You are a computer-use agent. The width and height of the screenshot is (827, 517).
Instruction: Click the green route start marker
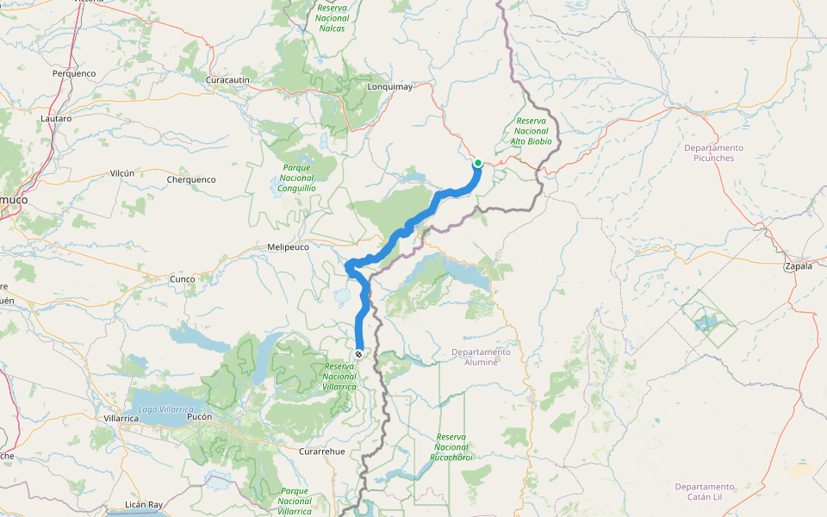click(x=477, y=162)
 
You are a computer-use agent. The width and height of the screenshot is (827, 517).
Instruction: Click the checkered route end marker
click(x=358, y=354)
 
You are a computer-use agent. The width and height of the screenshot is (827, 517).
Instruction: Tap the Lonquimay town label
click(x=390, y=86)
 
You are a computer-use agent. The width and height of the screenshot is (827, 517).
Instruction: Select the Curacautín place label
click(x=227, y=79)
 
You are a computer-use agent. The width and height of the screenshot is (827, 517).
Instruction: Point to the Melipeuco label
click(x=288, y=246)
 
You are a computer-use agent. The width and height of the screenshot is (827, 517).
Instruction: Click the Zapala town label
click(x=798, y=267)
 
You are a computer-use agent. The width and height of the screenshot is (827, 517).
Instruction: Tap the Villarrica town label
click(x=121, y=417)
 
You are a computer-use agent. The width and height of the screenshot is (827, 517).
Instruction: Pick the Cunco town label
click(x=182, y=279)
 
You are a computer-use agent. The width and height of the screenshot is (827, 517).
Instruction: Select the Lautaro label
click(x=57, y=117)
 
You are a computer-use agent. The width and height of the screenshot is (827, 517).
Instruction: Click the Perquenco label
click(x=74, y=73)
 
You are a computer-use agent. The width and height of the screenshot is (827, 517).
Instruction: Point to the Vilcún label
click(x=122, y=173)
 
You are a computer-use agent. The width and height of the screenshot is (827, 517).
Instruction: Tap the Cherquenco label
click(x=191, y=179)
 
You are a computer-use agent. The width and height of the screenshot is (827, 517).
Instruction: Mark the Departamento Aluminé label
click(x=481, y=357)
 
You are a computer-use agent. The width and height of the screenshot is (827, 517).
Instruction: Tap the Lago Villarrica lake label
click(x=165, y=408)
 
